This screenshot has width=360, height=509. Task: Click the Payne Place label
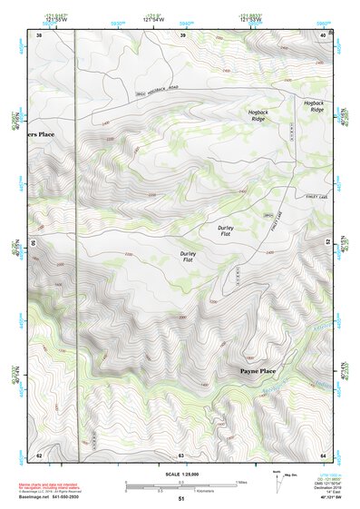point(258,372)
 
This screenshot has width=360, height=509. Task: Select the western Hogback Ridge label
point(260,115)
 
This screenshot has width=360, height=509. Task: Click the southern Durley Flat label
point(188,258)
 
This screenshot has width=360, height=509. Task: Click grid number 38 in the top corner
point(39,34)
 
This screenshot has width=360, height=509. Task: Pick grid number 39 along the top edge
point(183,34)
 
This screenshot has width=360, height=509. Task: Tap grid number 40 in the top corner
point(323,34)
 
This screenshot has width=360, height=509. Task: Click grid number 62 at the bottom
point(39,454)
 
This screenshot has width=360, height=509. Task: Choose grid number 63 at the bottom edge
point(181,454)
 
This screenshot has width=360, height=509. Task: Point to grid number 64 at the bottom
point(323,454)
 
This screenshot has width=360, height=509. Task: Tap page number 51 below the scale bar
point(180,499)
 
